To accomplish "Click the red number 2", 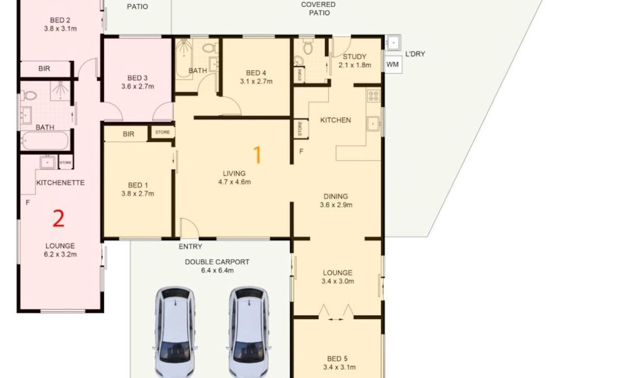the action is (58, 218).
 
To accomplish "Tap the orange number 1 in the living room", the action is (258, 154).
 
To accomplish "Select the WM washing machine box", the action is (392, 65).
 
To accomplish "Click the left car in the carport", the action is (175, 332).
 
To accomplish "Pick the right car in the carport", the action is (249, 332).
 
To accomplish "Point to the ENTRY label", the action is (190, 246).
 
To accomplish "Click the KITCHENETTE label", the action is (60, 183).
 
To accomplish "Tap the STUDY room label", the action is (355, 57).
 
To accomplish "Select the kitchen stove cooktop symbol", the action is (373, 96).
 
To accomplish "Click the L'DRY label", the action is (415, 54).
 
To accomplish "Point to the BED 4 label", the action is (256, 72).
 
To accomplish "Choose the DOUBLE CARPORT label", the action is (217, 262).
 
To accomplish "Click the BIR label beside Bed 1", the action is (129, 134).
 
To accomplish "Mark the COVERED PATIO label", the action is (318, 9).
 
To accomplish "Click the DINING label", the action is (336, 196).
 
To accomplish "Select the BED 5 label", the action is (337, 359).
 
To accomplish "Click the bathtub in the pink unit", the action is (45, 141).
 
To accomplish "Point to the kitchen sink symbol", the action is (373, 124).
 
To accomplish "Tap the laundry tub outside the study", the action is (393, 43).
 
